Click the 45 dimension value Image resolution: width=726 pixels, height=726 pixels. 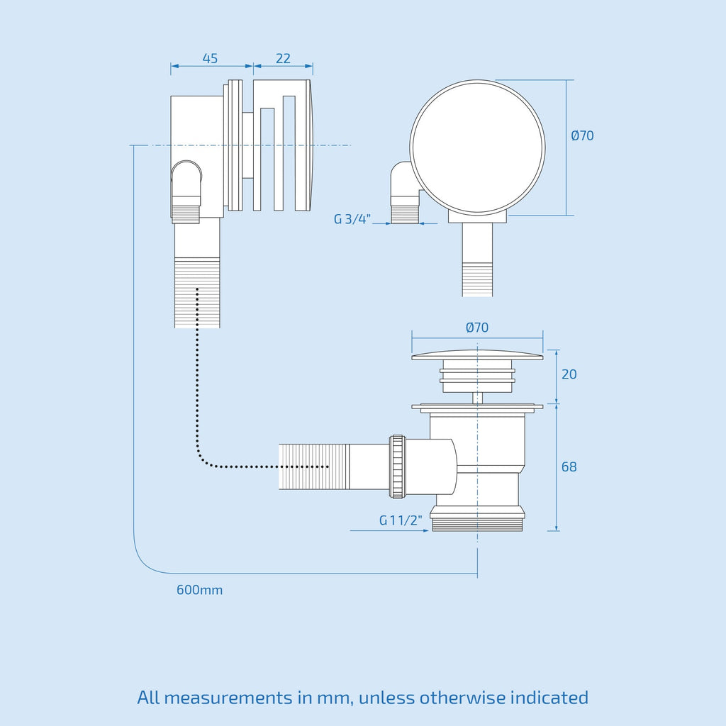pos(210,59)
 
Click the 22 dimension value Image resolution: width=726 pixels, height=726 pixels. pos(283,59)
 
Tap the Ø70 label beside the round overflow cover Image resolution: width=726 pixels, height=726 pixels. pos(582,135)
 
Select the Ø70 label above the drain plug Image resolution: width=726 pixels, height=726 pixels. pos(477,328)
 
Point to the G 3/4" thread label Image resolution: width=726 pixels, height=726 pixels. pos(352,219)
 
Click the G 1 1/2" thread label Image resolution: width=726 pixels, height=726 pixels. pos(401,520)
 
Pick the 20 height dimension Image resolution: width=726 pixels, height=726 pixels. pos(569,374)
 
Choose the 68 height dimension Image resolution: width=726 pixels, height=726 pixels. pos(569,467)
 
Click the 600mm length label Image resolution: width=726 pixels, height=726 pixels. pos(199,590)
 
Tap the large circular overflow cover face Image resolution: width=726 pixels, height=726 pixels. pos(477,147)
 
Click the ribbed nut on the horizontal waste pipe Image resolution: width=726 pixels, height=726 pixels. pos(397,467)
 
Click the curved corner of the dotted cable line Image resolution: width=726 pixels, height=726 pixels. pos(201,457)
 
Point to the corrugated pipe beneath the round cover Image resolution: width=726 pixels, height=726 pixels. pos(477,279)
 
